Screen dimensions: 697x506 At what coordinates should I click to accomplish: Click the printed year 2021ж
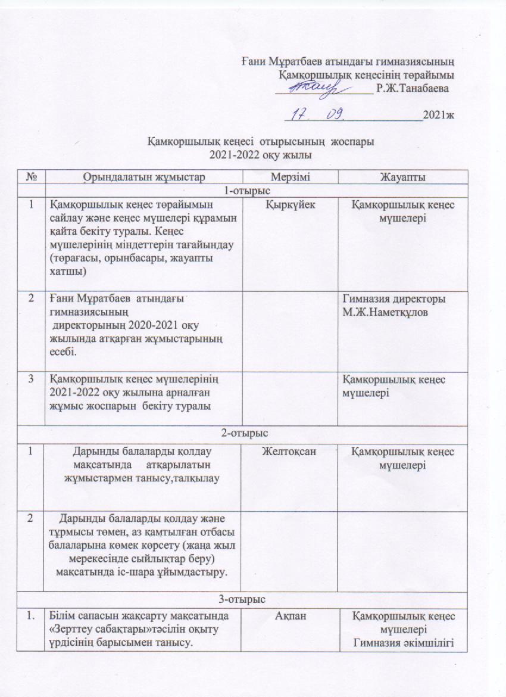point(438,115)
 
